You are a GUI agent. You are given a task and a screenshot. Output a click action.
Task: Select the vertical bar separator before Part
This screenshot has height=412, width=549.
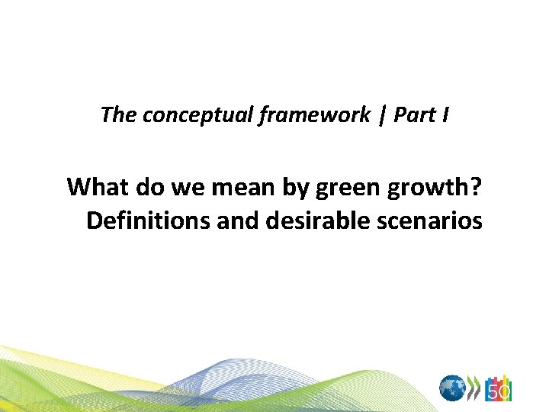tap(384, 116)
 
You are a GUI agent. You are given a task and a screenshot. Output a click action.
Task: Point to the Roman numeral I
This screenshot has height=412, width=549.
tap(445, 115)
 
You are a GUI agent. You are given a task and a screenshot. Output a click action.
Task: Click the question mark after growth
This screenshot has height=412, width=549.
tap(476, 186)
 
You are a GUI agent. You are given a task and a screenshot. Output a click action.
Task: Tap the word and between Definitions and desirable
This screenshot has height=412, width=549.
tap(238, 221)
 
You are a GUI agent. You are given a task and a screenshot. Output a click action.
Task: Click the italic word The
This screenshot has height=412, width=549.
tap(117, 115)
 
